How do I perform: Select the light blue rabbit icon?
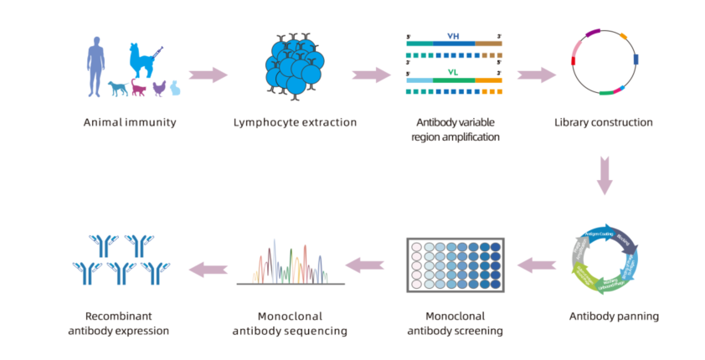coord(176,87)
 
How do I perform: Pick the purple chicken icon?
coord(159,87)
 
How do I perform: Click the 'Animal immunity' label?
coord(130,123)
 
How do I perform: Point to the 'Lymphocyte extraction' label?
coord(295,123)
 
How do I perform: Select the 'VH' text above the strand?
coord(454,38)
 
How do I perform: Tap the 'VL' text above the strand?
coord(454,71)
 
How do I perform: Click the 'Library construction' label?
coord(603,123)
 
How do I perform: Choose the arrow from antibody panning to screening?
coord(536,266)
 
